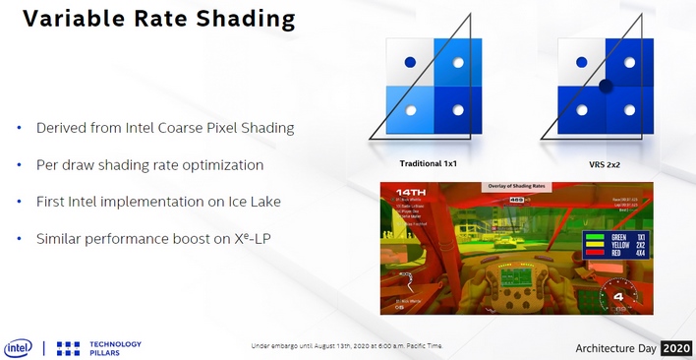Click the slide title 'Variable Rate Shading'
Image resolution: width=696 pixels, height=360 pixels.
tap(145, 19)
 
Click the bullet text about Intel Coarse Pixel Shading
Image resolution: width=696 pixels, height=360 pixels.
tap(164, 128)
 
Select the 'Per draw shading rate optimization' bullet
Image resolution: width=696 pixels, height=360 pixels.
tap(150, 164)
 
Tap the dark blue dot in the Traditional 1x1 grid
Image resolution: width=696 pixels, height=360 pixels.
tap(410, 63)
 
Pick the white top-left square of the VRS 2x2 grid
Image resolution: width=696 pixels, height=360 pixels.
tap(579, 62)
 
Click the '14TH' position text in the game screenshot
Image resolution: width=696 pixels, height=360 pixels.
tap(409, 192)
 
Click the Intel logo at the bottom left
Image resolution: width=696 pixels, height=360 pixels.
tap(18, 347)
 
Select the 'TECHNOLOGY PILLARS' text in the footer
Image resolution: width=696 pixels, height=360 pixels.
tap(115, 348)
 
